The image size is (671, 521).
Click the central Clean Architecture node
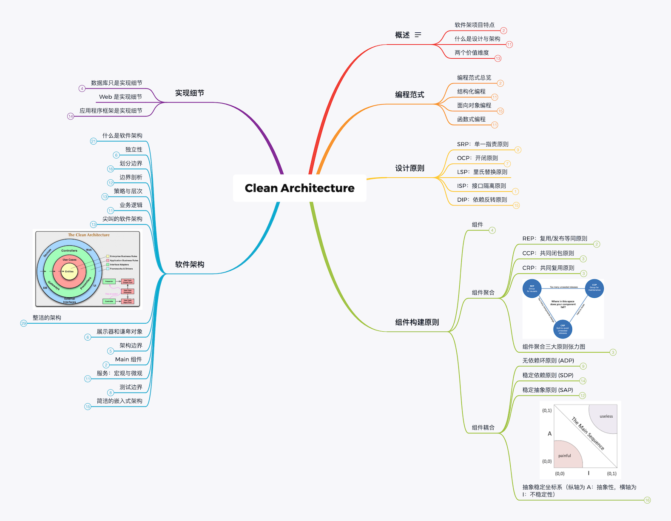[x=299, y=188]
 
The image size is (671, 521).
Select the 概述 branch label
[x=402, y=35]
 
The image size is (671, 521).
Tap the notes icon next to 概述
[x=418, y=35]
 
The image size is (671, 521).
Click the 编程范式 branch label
[x=409, y=95]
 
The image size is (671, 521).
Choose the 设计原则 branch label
[x=409, y=168]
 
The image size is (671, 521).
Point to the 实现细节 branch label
[x=190, y=93]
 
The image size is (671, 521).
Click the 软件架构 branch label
[x=190, y=265]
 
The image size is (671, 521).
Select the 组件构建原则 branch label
[x=417, y=322]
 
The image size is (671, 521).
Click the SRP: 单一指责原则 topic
[x=483, y=144]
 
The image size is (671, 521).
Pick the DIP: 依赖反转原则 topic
[x=482, y=200]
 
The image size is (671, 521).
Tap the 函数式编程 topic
[x=471, y=120]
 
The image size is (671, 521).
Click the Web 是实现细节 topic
[x=120, y=97]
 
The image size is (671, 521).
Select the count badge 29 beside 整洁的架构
[x=24, y=323]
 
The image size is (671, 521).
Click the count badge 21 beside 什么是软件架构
[x=94, y=141]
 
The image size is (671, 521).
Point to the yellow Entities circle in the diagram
[x=69, y=271]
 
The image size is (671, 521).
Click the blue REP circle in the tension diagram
[x=532, y=288]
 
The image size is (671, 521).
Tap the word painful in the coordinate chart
[x=564, y=456]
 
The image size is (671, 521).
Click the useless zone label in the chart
[x=606, y=416]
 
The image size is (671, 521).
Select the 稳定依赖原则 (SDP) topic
[x=548, y=376]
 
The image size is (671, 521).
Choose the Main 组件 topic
[x=128, y=360]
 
